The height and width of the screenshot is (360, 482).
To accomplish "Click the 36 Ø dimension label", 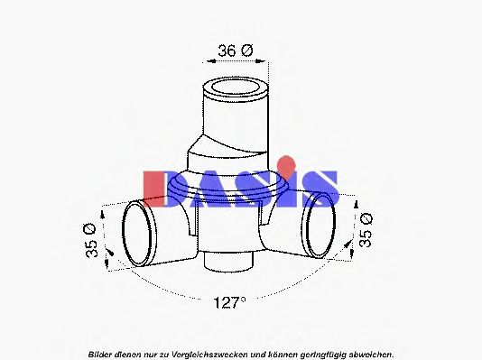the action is pyautogui.click(x=236, y=51).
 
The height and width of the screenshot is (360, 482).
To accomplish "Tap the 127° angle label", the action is pyautogui.click(x=230, y=303).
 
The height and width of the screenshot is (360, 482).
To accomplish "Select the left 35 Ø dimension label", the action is pyautogui.click(x=90, y=241).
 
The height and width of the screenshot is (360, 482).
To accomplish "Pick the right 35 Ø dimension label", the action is pyautogui.click(x=366, y=230).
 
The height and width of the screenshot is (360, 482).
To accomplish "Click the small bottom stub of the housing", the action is pyautogui.click(x=228, y=262).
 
